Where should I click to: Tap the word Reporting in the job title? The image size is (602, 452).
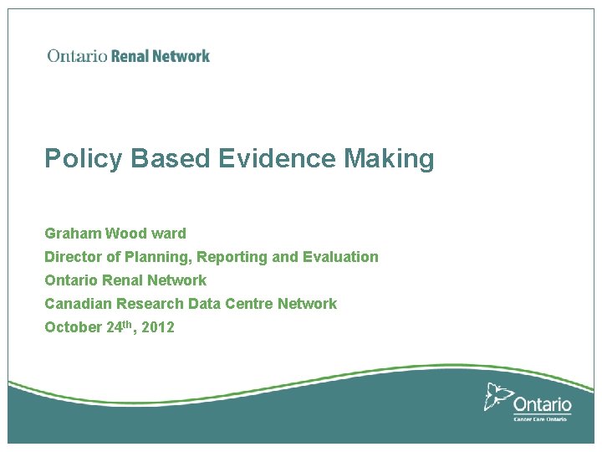[233, 257]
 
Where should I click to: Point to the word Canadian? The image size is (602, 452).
[79, 304]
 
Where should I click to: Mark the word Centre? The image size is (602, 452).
[248, 304]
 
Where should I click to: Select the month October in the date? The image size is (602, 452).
[74, 327]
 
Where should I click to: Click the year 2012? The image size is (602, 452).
[158, 327]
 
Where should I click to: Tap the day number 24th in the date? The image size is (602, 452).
[120, 326]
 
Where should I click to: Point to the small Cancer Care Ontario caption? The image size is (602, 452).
[540, 418]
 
